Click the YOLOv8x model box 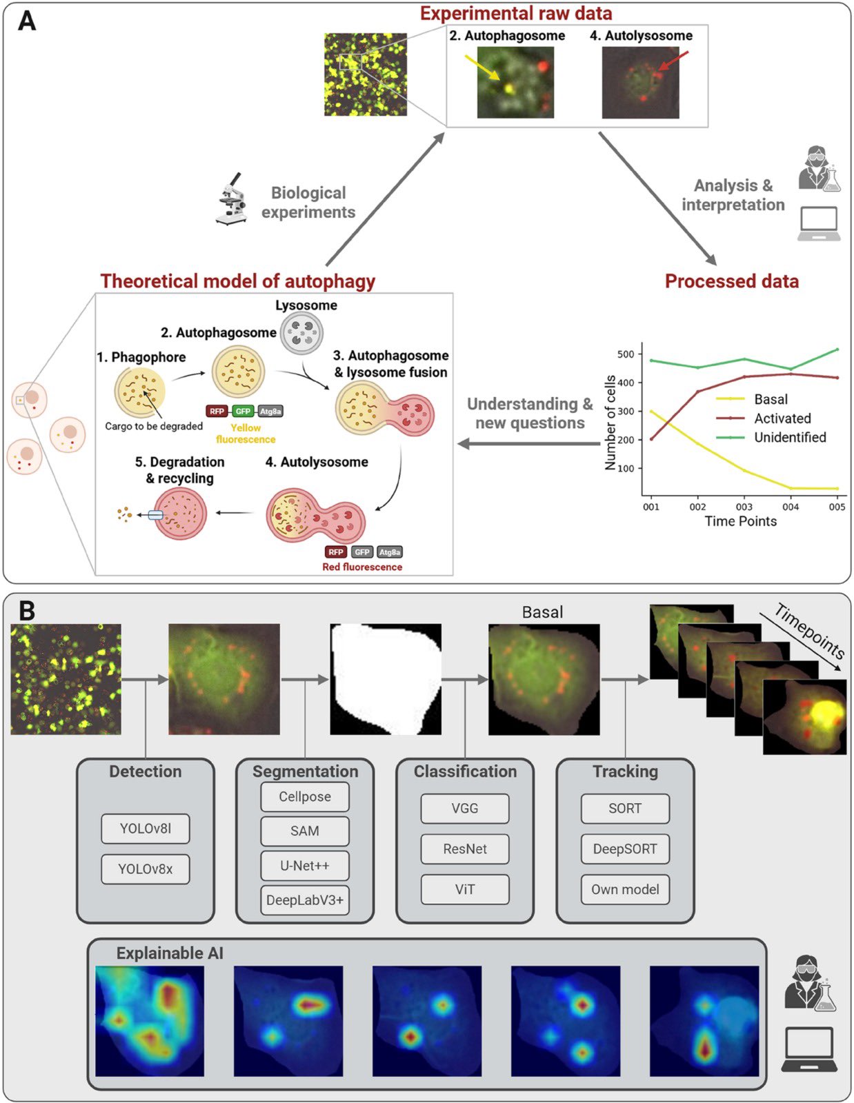pyautogui.click(x=145, y=869)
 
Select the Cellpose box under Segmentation pyautogui.click(x=304, y=797)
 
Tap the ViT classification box pyautogui.click(x=464, y=889)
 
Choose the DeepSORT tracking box pyautogui.click(x=624, y=849)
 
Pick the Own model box pyautogui.click(x=624, y=889)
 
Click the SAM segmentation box pyautogui.click(x=304, y=831)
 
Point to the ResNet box pyautogui.click(x=464, y=849)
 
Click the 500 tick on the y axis pyautogui.click(x=625, y=354)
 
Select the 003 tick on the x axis pyautogui.click(x=744, y=507)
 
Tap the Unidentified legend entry pyautogui.click(x=789, y=437)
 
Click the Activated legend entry pyautogui.click(x=782, y=418)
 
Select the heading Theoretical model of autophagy pyautogui.click(x=238, y=281)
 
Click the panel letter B pyautogui.click(x=27, y=611)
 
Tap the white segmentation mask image pyautogui.click(x=385, y=679)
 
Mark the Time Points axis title pyautogui.click(x=740, y=521)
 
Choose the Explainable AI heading pyautogui.click(x=170, y=953)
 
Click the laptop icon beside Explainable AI pyautogui.click(x=809, y=1049)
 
